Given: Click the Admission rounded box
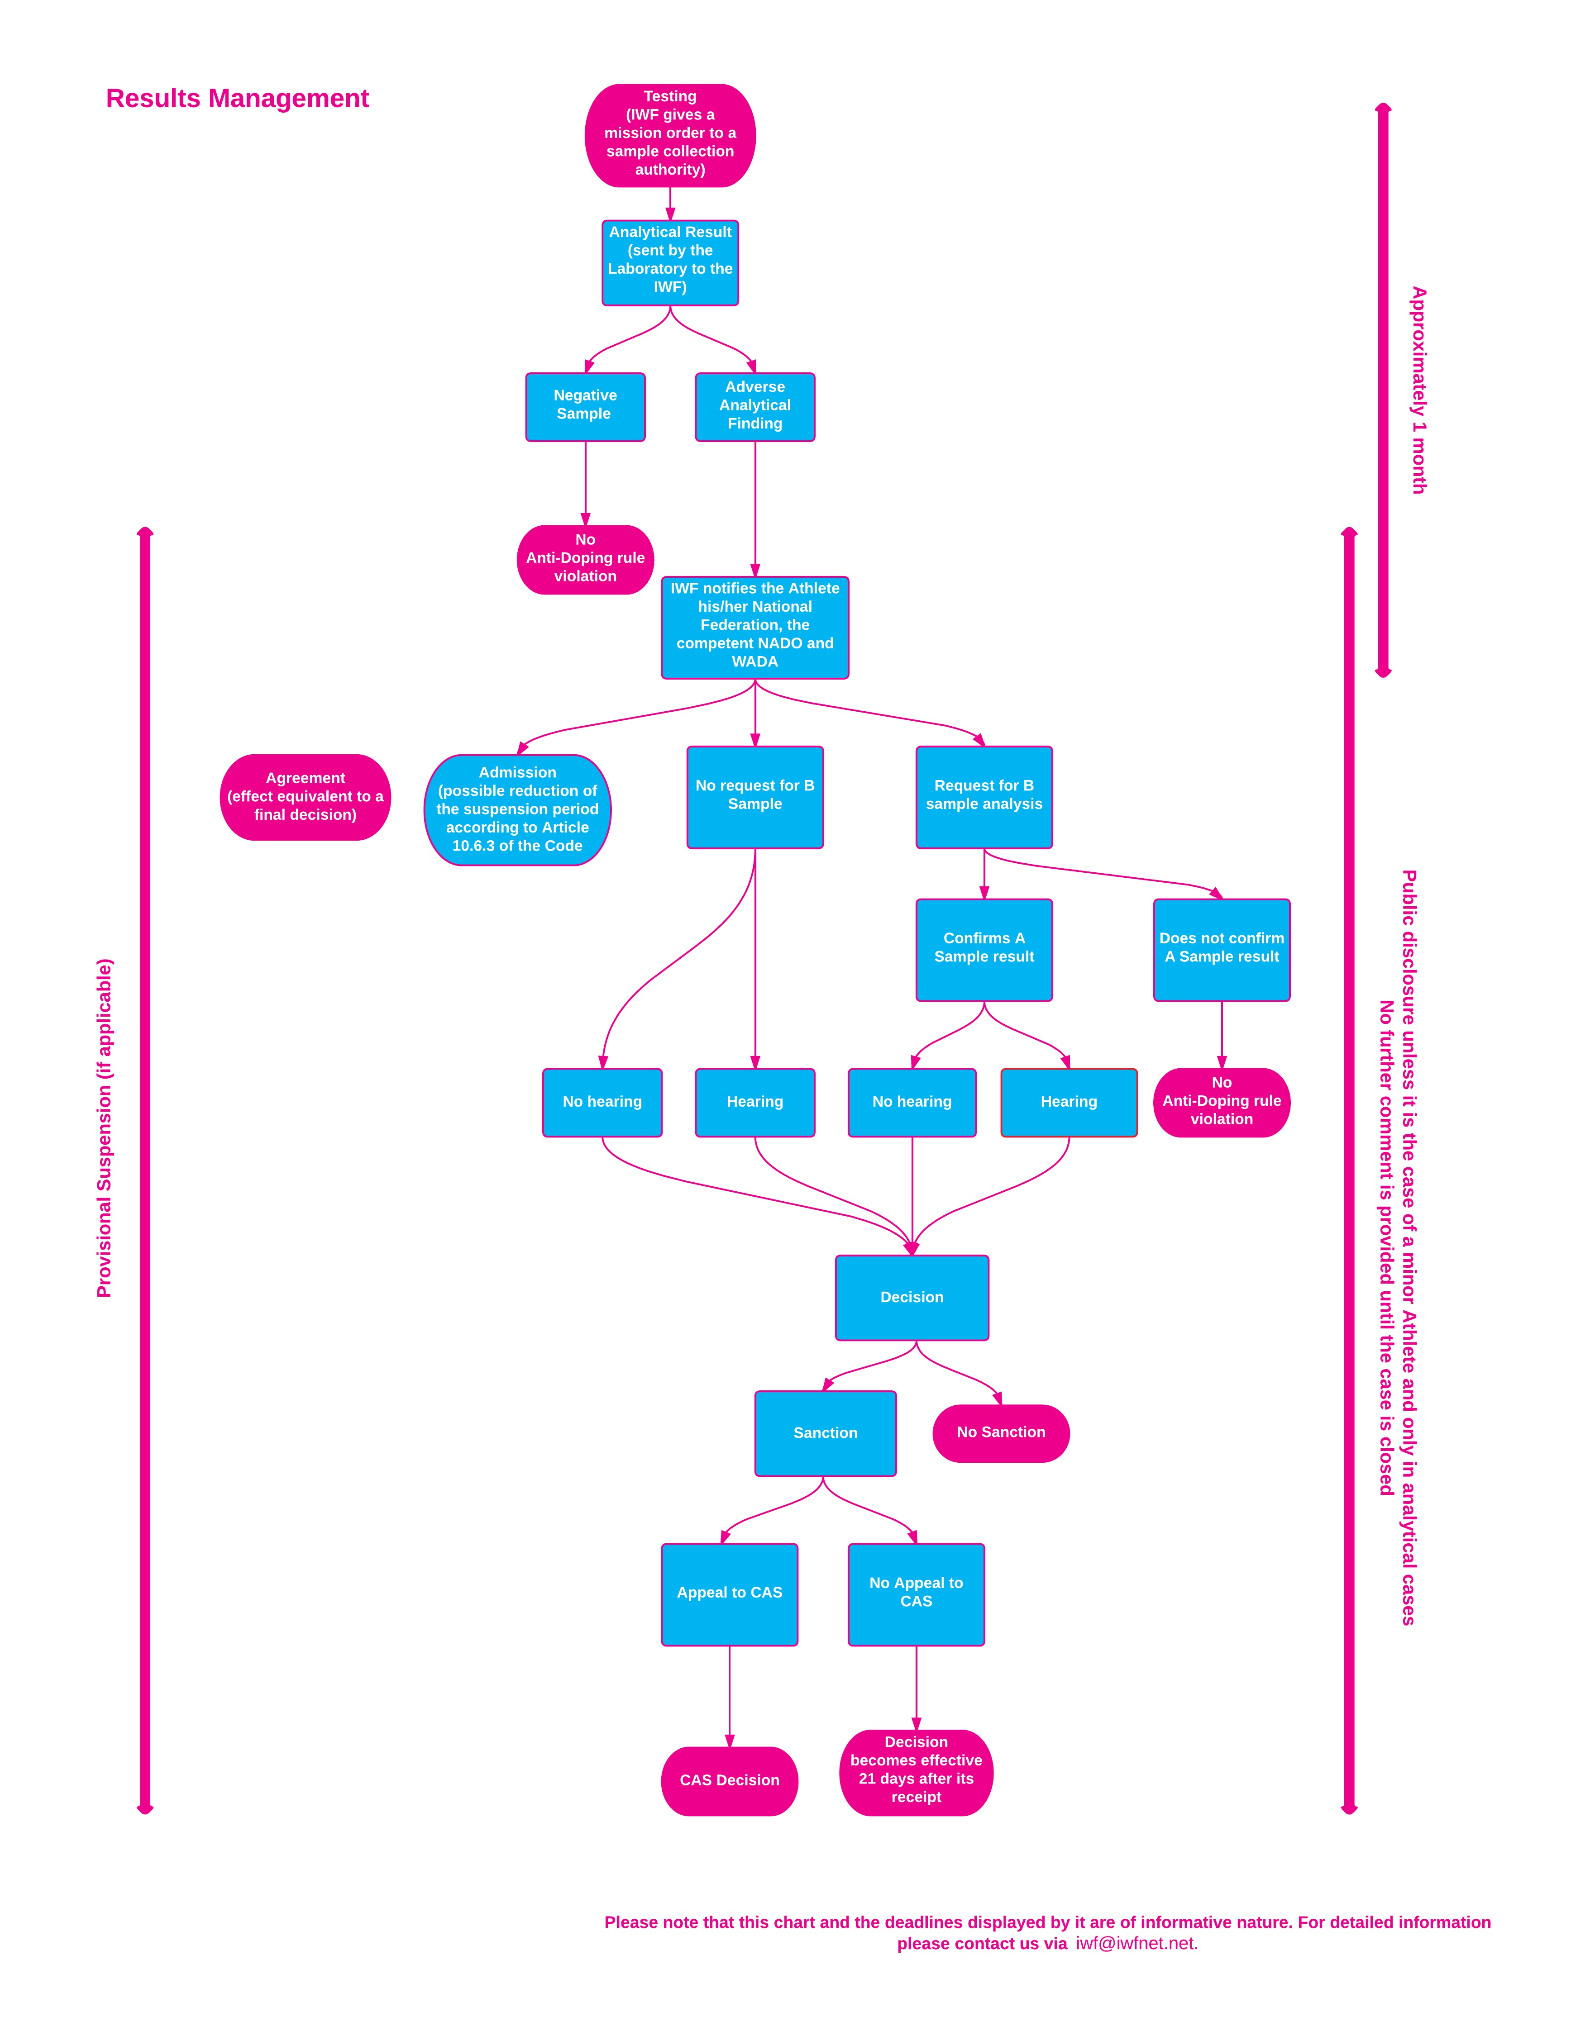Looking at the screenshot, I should pyautogui.click(x=517, y=809).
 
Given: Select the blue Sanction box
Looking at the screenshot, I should pyautogui.click(x=825, y=1433).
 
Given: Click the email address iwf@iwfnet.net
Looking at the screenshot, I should pyautogui.click(x=1136, y=1944).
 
